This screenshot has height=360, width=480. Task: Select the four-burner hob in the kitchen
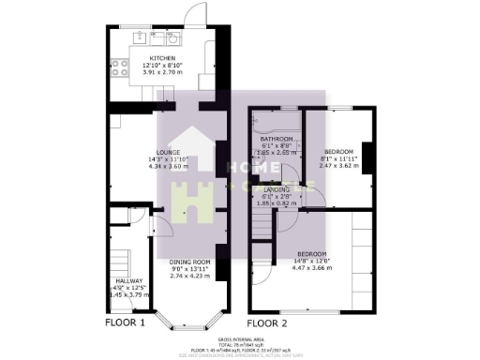pyautogui.click(x=120, y=67)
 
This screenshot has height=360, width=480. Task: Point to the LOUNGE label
pyautogui.click(x=169, y=153)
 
